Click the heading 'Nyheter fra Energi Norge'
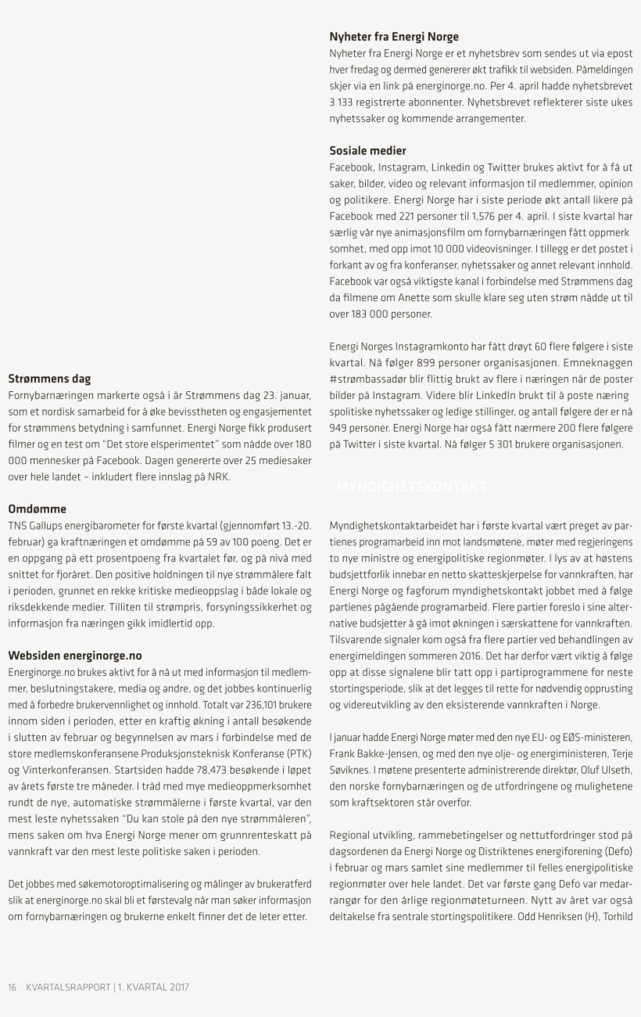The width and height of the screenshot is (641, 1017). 394,37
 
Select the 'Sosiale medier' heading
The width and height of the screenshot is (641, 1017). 367,150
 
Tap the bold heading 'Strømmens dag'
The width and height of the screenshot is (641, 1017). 49,379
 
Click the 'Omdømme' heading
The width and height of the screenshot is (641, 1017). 37,508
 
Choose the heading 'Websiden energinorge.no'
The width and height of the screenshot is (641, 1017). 75,655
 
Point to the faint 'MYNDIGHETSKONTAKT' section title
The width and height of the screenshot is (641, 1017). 412,487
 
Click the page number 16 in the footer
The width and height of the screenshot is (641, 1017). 13,987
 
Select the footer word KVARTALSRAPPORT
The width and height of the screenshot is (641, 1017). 68,987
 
